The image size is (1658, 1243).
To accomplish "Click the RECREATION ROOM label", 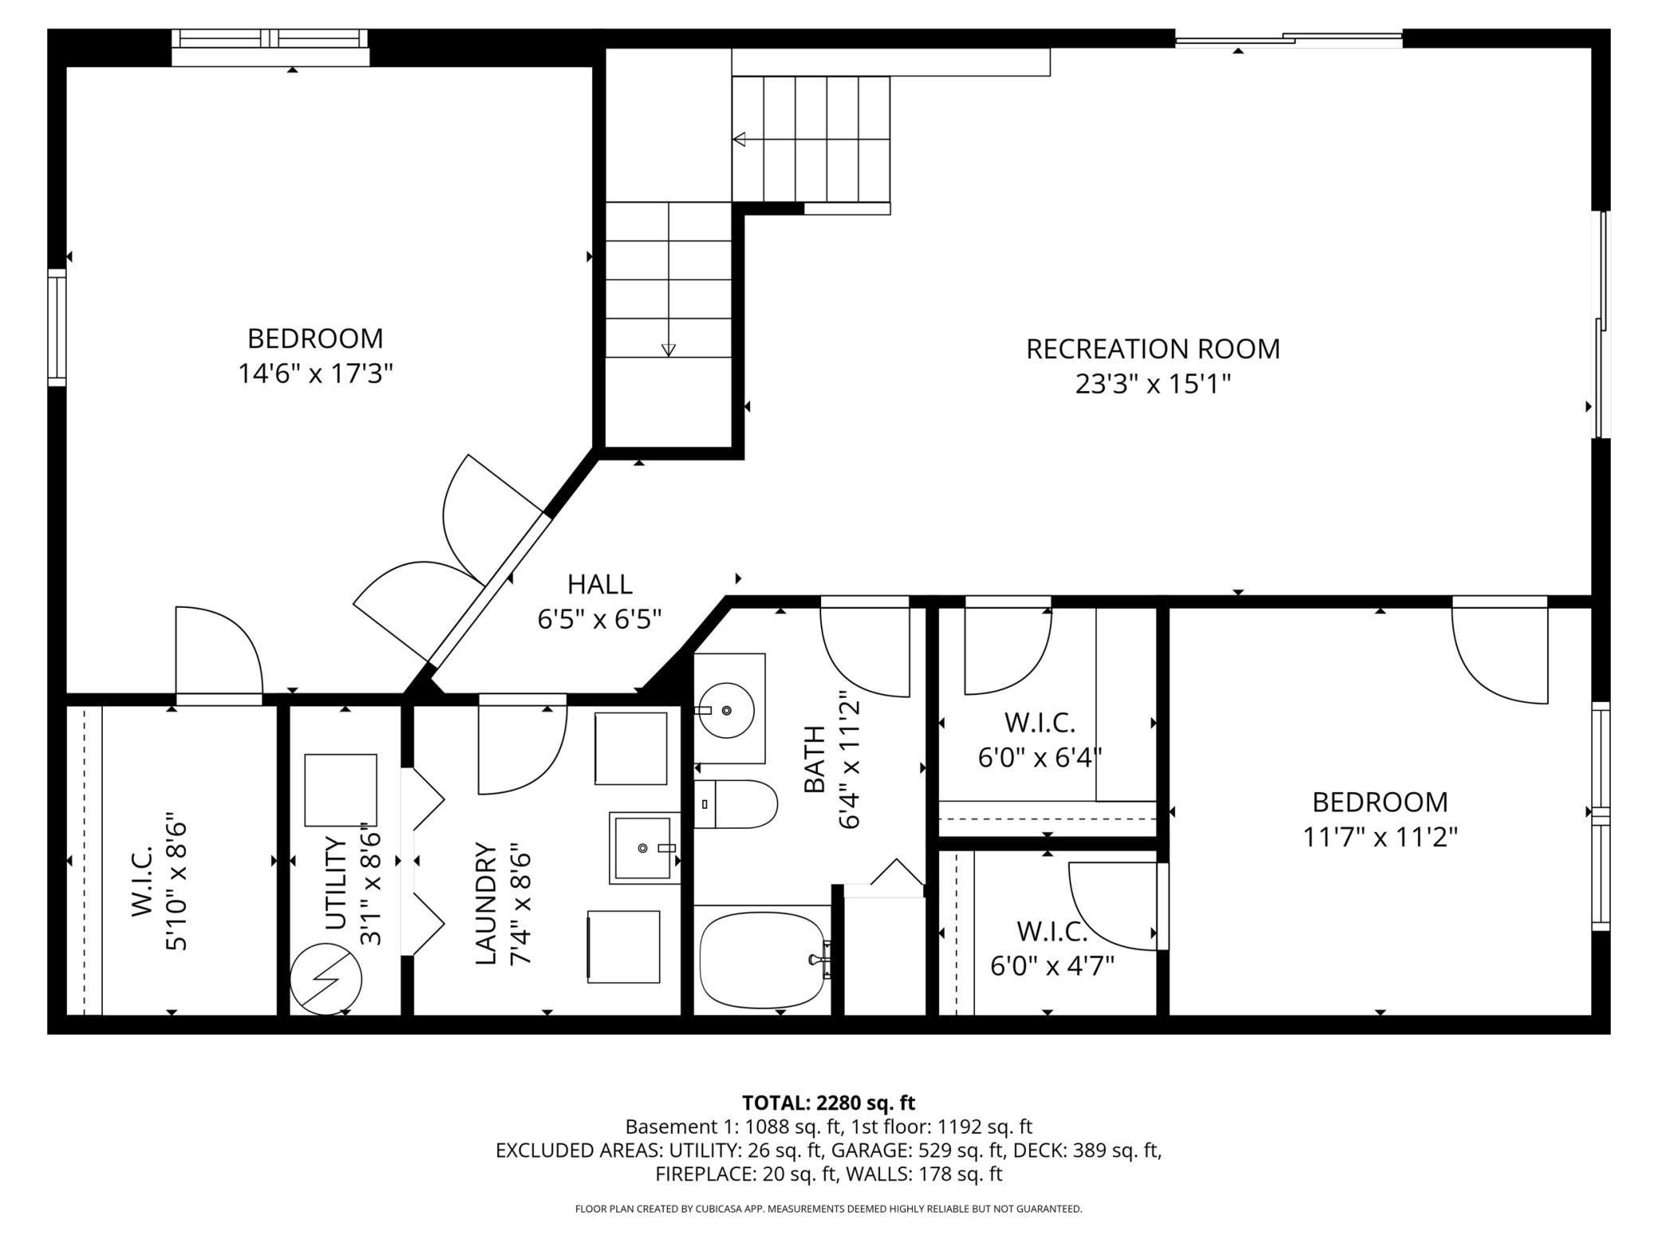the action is [1153, 349].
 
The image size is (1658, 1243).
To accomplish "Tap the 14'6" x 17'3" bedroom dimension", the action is [316, 374].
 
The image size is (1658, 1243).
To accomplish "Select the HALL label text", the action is [599, 584].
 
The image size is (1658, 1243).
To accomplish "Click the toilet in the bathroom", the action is [735, 804].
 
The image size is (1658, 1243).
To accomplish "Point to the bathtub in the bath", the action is [762, 959].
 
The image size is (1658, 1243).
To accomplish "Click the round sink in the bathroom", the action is [726, 709].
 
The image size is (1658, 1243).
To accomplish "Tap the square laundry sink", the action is [645, 848].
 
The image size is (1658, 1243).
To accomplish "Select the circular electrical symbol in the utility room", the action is [325, 979].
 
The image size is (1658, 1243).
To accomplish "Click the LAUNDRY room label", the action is [486, 904].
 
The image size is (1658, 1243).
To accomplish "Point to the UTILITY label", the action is [337, 883].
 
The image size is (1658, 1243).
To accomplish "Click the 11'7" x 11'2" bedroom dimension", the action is [1380, 837].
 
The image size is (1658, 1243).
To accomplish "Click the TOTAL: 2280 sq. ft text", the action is [828, 1103].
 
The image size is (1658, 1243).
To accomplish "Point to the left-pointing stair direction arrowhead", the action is [739, 139].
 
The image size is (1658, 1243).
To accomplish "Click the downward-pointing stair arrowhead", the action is [668, 350].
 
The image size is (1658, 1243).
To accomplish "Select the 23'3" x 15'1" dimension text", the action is [1153, 385].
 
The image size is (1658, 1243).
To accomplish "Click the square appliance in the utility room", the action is [340, 790].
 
